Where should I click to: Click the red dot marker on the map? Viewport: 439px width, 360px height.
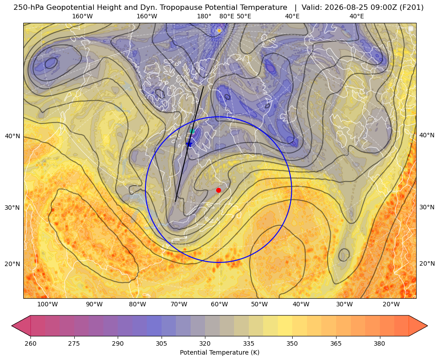[219, 190]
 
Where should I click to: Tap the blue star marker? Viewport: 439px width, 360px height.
[189, 144]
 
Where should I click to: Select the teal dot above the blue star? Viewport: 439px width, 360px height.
[192, 131]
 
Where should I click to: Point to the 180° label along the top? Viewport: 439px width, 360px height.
[204, 16]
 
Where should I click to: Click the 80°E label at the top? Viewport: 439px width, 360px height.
[226, 16]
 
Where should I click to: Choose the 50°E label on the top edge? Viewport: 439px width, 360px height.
[244, 16]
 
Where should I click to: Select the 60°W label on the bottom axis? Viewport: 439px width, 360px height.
[219, 305]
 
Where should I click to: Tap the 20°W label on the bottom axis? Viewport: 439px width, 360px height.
[391, 305]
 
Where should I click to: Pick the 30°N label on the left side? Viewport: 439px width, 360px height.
[13, 208]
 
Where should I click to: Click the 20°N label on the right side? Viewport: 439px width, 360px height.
[427, 263]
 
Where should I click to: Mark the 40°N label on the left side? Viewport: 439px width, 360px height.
[13, 136]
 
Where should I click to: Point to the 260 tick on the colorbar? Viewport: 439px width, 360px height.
[30, 343]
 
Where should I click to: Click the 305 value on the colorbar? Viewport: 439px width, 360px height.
[161, 343]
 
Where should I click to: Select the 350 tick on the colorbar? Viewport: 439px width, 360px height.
[292, 343]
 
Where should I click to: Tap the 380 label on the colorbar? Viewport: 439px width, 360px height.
[379, 343]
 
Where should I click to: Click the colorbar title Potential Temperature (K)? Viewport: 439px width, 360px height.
[219, 352]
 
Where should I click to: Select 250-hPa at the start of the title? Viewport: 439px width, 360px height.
[29, 8]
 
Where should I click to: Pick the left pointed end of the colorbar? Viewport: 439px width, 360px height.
[12, 326]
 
